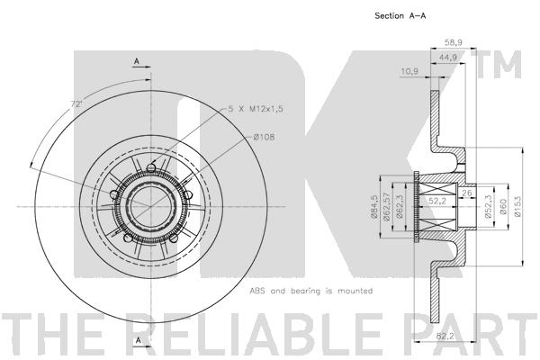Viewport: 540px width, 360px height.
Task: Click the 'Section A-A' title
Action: click(400, 16)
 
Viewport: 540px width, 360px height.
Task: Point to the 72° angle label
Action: click(77, 105)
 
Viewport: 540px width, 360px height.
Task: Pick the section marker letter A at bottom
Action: click(136, 340)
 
